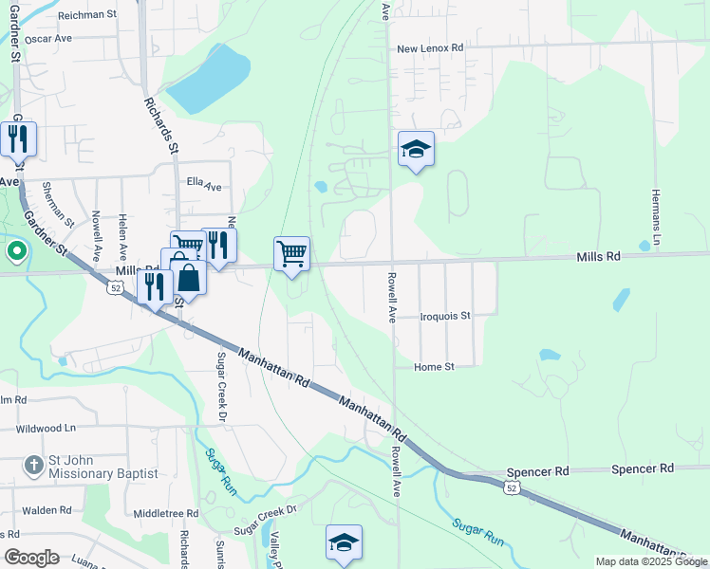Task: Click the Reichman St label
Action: click(x=85, y=15)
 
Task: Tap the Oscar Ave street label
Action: click(x=48, y=40)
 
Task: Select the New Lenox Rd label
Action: click(x=430, y=47)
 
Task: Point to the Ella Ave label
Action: click(x=203, y=182)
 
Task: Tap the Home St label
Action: click(x=435, y=366)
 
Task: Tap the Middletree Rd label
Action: click(x=165, y=513)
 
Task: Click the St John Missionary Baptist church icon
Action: click(x=33, y=465)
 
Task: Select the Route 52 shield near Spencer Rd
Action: click(x=512, y=487)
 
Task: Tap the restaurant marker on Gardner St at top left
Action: click(x=18, y=138)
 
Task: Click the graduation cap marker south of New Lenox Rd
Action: click(x=416, y=148)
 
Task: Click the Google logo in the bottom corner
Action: click(x=31, y=558)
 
